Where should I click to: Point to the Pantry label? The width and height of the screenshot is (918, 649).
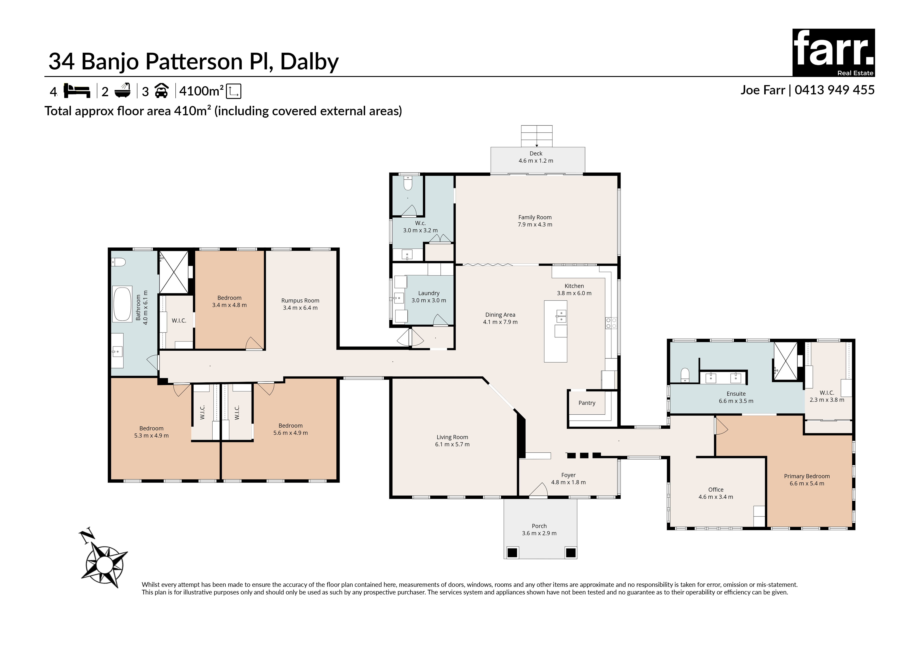point(587,403)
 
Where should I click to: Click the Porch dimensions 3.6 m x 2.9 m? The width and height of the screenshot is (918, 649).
point(539,533)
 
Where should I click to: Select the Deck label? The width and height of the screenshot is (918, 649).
point(536,153)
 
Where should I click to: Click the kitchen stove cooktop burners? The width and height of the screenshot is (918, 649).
point(611,323)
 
